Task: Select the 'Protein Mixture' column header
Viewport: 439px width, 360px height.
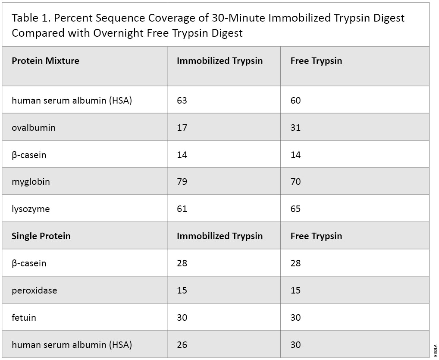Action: click(45, 61)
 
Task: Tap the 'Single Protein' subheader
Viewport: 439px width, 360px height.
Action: click(41, 236)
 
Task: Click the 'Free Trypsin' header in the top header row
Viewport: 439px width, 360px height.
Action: click(316, 61)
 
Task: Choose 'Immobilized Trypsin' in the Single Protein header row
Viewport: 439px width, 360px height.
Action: click(219, 236)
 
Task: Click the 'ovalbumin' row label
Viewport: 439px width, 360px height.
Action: click(33, 128)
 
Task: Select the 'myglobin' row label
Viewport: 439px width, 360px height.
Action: click(31, 182)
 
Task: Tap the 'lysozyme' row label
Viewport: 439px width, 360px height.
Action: click(31, 209)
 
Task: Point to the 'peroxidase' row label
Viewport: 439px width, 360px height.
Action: click(34, 291)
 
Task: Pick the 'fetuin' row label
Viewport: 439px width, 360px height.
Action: click(24, 318)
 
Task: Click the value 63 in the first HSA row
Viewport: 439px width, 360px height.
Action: click(182, 101)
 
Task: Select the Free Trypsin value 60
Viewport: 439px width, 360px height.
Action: click(295, 101)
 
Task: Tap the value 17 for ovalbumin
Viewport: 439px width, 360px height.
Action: click(182, 128)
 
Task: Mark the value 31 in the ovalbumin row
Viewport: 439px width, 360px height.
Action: click(295, 128)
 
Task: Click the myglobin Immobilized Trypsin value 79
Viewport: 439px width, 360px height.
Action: click(182, 182)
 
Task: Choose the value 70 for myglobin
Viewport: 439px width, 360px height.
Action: click(295, 182)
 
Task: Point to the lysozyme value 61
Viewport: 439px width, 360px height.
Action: click(182, 209)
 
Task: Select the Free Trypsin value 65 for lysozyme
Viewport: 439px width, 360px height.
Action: click(295, 209)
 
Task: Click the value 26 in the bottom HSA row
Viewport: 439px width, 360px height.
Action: click(182, 345)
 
